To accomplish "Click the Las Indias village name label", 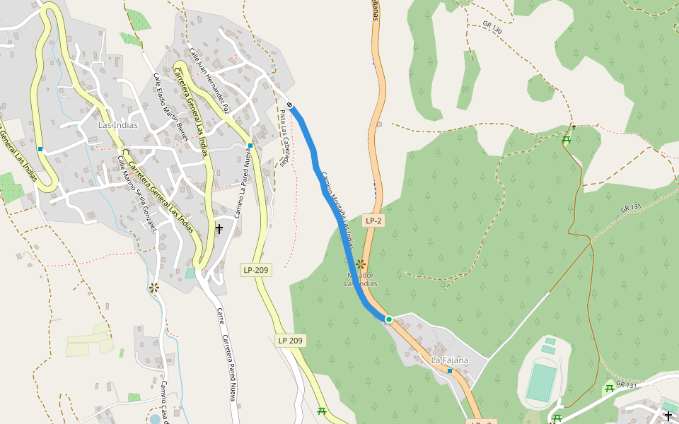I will point(117,125).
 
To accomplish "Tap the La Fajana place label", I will point(450,360).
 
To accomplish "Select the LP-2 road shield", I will point(373,220).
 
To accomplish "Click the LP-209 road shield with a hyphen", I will point(256,269).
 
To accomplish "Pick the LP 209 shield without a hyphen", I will point(290,341).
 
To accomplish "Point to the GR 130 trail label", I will point(492,28).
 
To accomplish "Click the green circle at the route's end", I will point(388,319).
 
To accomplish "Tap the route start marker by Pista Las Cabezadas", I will point(290,106).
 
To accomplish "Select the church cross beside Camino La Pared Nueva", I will point(219,228).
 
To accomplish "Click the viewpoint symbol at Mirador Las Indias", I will point(360,264).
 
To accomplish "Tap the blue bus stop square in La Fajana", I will point(449,370).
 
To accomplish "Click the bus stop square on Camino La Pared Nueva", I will point(250,146).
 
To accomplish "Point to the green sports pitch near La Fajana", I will point(543,380).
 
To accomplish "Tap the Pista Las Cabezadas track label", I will point(284,138).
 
